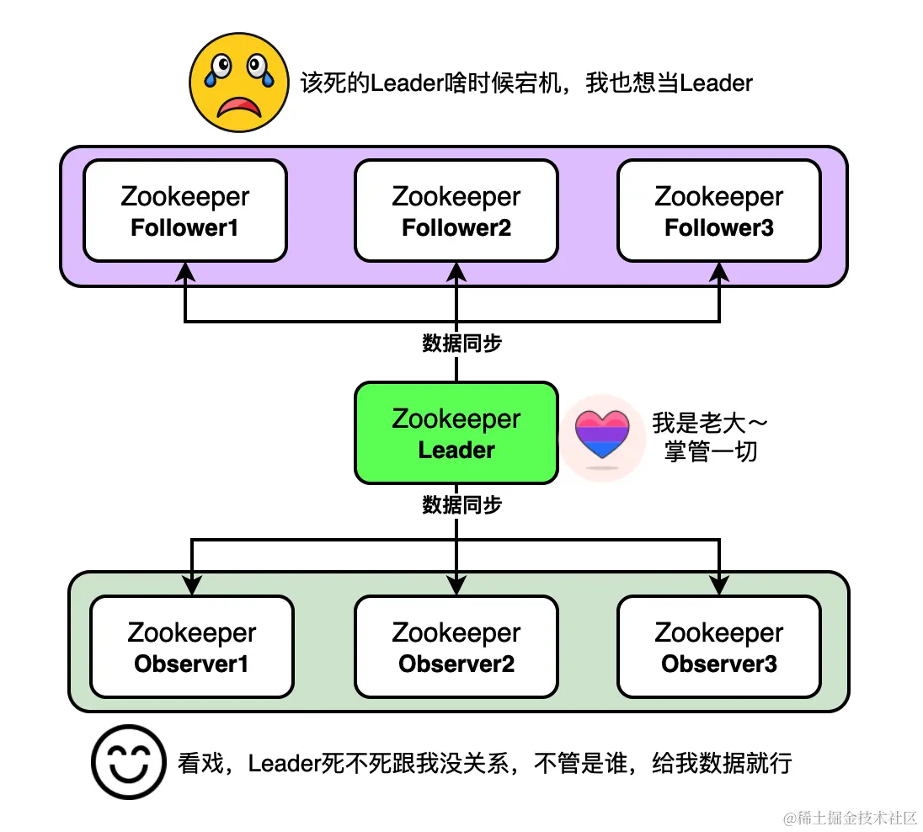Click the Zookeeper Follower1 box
[185, 211]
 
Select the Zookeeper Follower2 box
[456, 211]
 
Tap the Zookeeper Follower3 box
[719, 211]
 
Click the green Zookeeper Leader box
[456, 433]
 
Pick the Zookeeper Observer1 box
[192, 647]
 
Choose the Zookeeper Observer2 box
[456, 647]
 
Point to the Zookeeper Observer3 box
[719, 647]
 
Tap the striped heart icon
[601, 437]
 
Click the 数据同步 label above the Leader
[462, 344]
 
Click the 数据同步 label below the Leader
[462, 505]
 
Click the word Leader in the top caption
[407, 83]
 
